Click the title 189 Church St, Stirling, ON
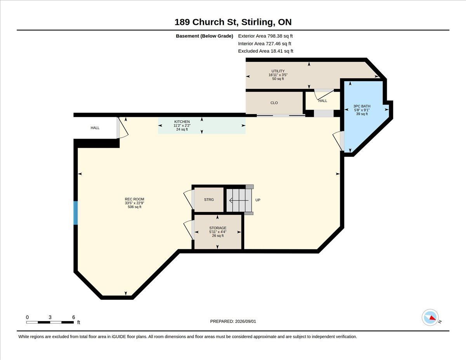click(x=233, y=22)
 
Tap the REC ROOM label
click(x=134, y=199)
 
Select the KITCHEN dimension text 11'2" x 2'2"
click(x=182, y=125)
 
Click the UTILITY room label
click(x=278, y=71)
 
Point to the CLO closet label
click(x=274, y=103)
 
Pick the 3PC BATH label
click(x=362, y=106)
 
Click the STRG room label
click(x=209, y=200)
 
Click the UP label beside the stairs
click(x=258, y=200)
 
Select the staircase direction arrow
click(x=239, y=200)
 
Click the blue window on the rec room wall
click(x=75, y=213)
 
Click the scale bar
click(x=50, y=322)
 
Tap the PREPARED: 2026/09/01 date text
click(x=233, y=322)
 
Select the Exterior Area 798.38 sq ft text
click(x=265, y=36)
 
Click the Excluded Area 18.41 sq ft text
click(x=266, y=51)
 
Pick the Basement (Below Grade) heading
click(x=204, y=36)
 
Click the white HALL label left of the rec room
click(x=95, y=128)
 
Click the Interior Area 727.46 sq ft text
click(x=264, y=43)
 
